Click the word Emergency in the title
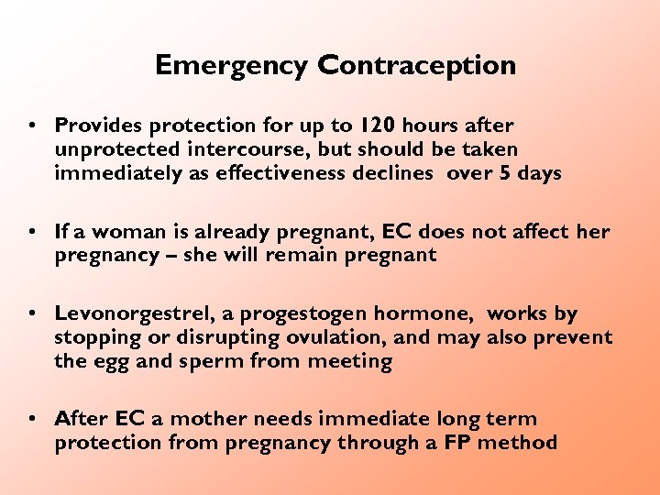click(x=233, y=66)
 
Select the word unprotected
click(x=116, y=149)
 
